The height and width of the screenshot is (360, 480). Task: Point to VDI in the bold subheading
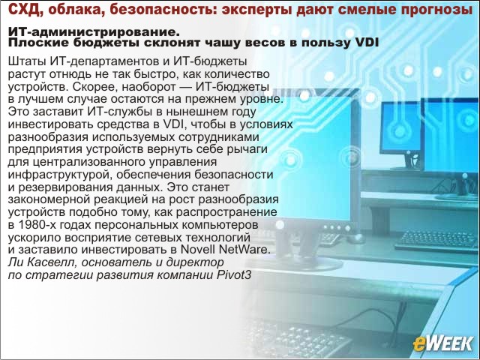click(x=368, y=43)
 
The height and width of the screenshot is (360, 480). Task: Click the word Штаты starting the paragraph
click(x=27, y=61)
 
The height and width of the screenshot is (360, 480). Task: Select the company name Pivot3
click(x=234, y=275)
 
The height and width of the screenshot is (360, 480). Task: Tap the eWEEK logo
click(x=442, y=343)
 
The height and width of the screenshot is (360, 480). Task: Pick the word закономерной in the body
click(x=49, y=199)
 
